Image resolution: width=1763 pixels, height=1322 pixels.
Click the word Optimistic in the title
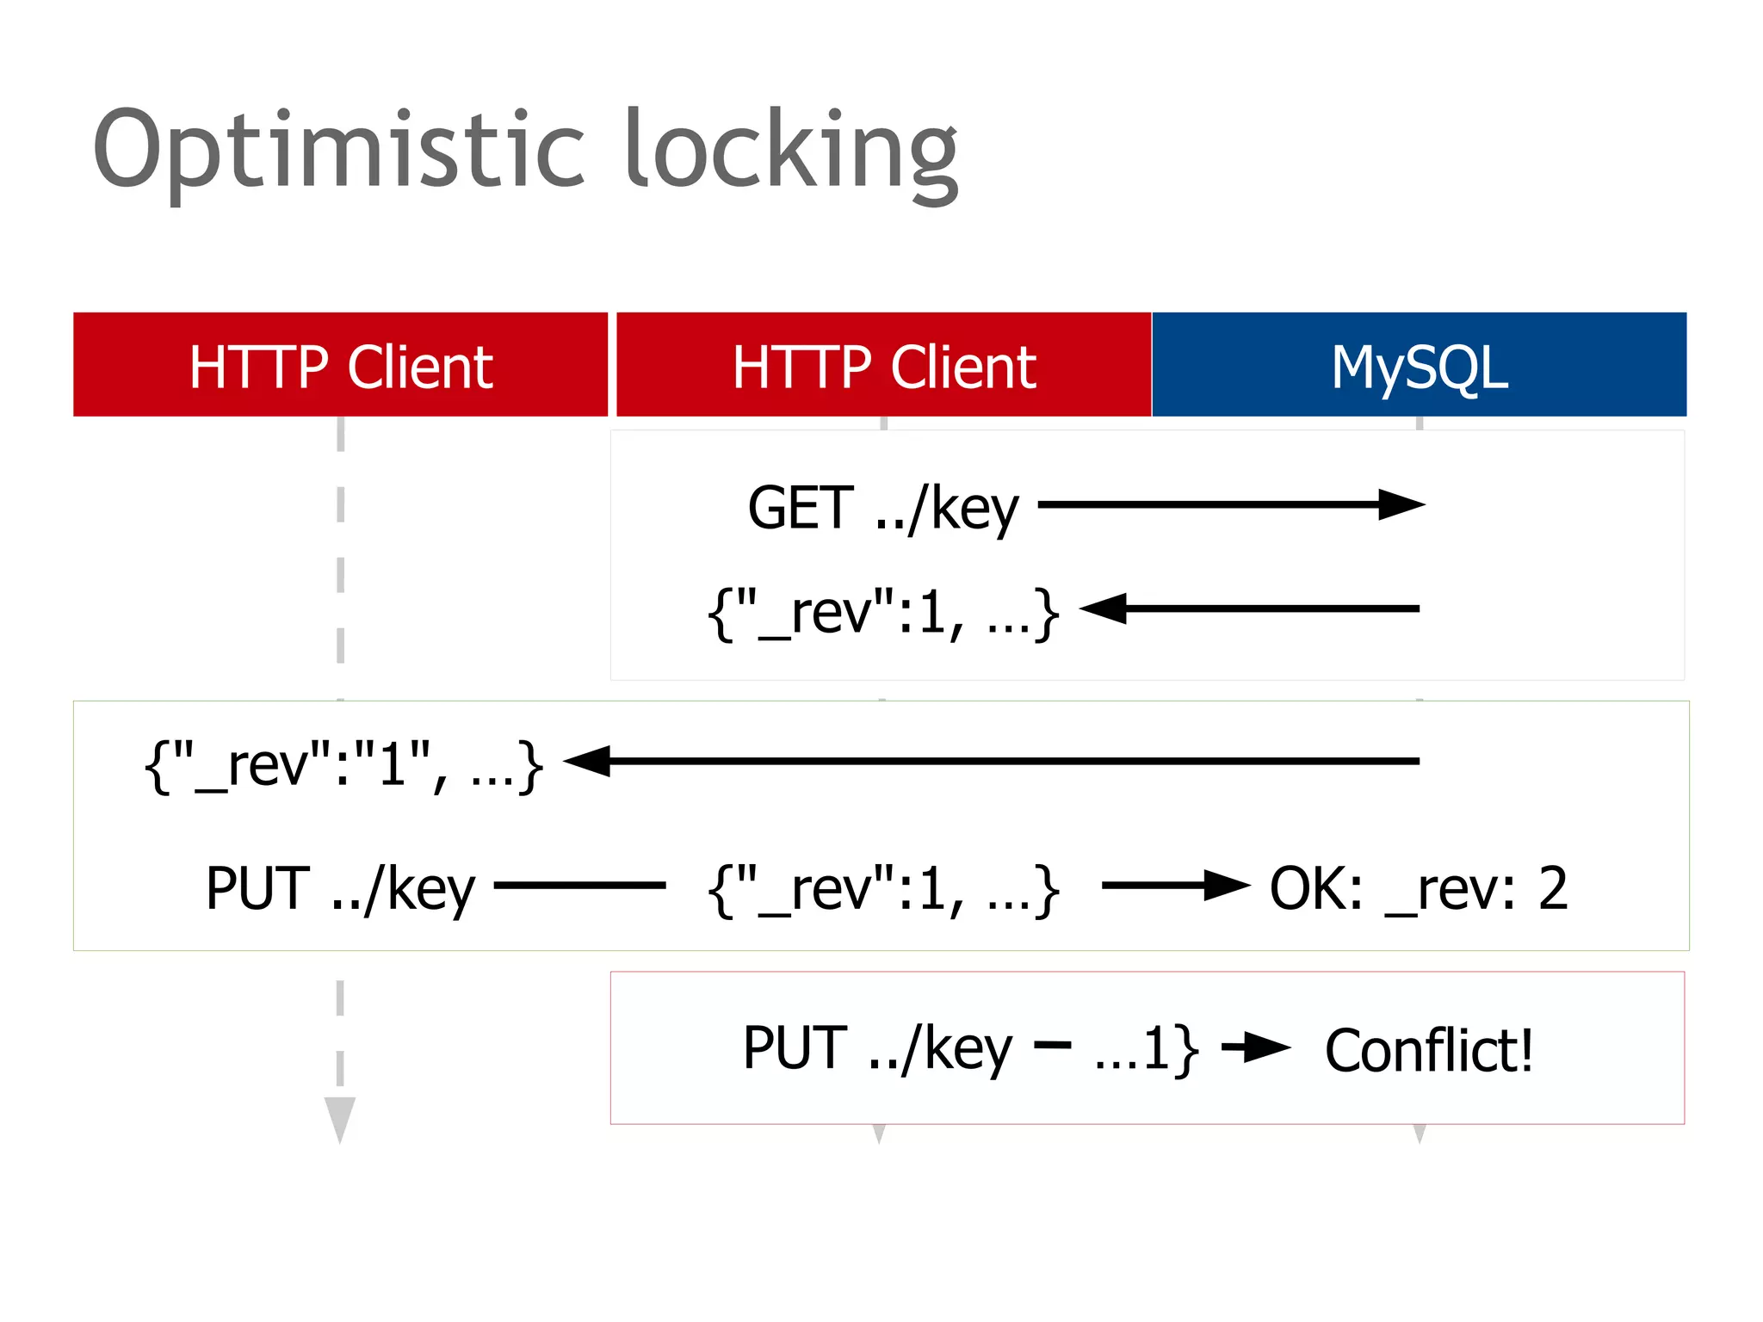point(340,151)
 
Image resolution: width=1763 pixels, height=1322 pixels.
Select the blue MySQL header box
point(1419,365)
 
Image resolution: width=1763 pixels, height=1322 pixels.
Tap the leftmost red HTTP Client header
point(340,365)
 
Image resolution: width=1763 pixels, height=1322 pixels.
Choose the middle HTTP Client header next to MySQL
point(883,365)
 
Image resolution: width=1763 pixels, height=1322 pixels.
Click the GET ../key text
point(883,508)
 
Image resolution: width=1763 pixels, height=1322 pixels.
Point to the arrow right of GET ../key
point(1231,505)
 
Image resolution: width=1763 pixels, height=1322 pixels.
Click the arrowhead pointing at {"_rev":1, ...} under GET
point(1104,608)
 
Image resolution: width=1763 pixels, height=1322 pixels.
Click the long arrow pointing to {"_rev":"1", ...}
point(990,761)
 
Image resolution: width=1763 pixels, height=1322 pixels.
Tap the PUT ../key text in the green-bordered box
point(340,888)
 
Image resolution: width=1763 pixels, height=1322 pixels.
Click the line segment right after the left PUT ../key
point(579,885)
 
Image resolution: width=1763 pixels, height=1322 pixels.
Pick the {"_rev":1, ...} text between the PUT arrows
point(883,888)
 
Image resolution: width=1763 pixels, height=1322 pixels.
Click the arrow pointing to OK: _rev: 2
point(1176,885)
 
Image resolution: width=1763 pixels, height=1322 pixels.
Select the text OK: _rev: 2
point(1419,888)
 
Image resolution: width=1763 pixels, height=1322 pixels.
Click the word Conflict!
point(1429,1050)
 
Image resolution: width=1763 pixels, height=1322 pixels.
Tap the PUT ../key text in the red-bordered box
point(877,1048)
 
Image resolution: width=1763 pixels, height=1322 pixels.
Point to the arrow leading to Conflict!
point(1257,1047)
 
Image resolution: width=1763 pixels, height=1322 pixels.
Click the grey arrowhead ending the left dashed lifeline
point(340,1117)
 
